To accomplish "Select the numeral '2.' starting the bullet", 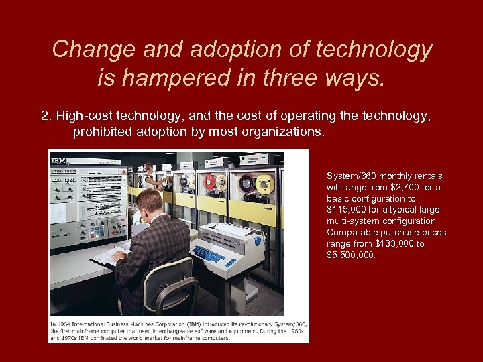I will [46, 116].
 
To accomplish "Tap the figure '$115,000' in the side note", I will [347, 210].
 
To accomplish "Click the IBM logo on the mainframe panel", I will [58, 161].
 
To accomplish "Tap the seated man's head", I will [149, 200].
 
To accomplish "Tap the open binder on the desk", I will [107, 254].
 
